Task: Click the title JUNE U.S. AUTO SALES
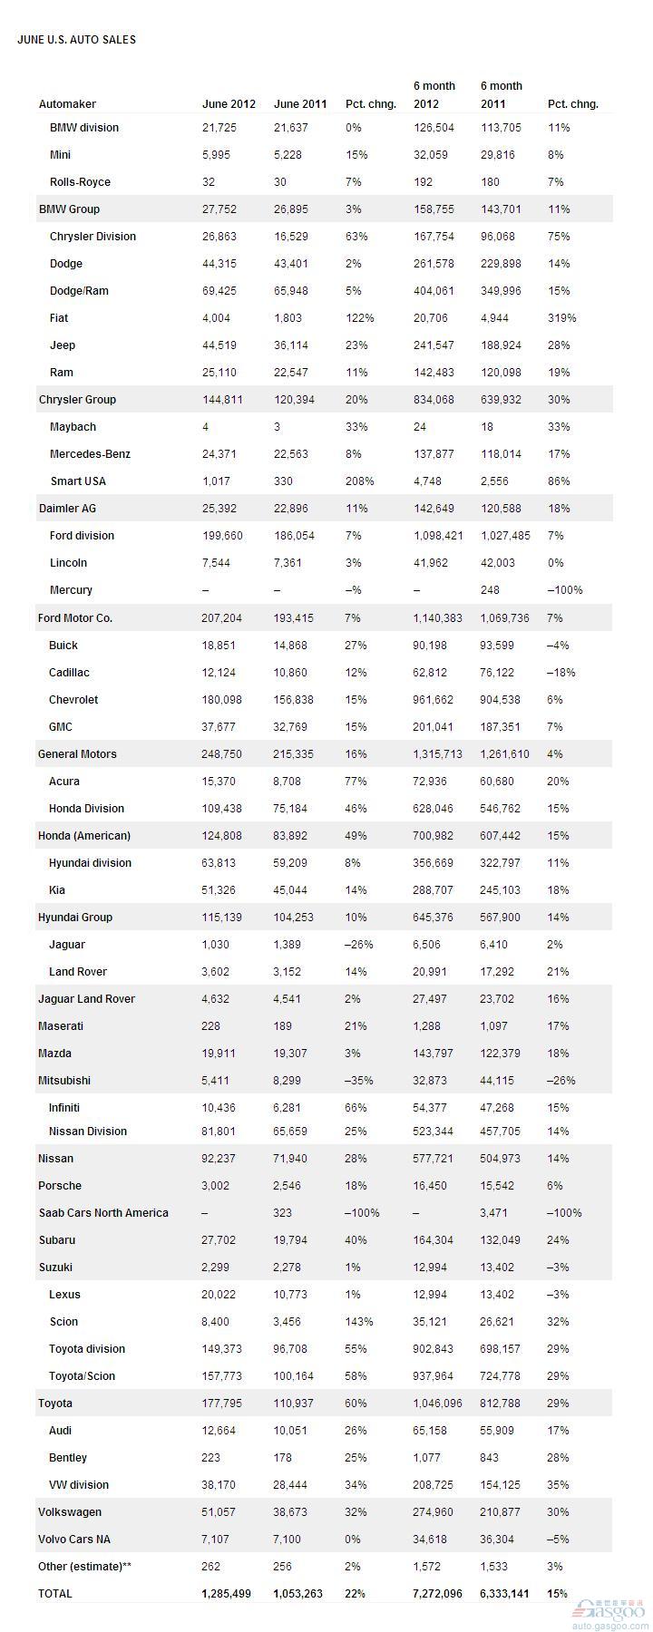[x=76, y=40]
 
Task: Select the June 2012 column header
[x=229, y=104]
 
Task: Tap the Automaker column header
[x=67, y=104]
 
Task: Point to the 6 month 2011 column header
[x=502, y=95]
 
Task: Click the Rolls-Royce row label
[x=80, y=182]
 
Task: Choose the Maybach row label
[x=73, y=427]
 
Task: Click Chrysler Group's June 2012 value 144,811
[x=222, y=400]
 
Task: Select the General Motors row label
[x=77, y=754]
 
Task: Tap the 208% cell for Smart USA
[x=359, y=481]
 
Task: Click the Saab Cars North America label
[x=103, y=1213]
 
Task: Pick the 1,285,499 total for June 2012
[x=229, y=1594]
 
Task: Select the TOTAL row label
[x=55, y=1594]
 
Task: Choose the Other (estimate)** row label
[x=84, y=1567]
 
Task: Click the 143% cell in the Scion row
[x=359, y=1322]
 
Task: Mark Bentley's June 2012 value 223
[x=212, y=1458]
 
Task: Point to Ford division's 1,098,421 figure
[x=438, y=536]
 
